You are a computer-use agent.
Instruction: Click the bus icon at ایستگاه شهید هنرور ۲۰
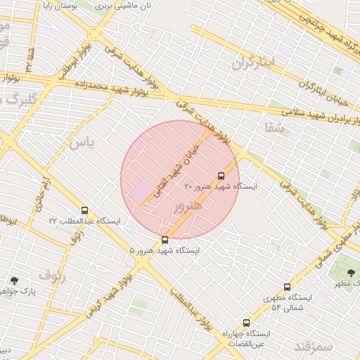click(221, 176)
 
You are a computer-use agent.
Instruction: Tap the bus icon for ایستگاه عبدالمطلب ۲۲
click(85, 210)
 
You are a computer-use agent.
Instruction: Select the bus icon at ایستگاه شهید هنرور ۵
click(165, 240)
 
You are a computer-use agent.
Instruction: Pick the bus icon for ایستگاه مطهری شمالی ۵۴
click(287, 287)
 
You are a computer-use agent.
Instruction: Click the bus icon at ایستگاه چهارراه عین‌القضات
click(245, 323)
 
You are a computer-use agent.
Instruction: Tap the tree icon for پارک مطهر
click(351, 272)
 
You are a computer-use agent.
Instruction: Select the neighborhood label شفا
click(274, 127)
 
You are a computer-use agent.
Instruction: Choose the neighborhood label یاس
click(81, 143)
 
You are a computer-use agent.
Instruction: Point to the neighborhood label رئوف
click(52, 275)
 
